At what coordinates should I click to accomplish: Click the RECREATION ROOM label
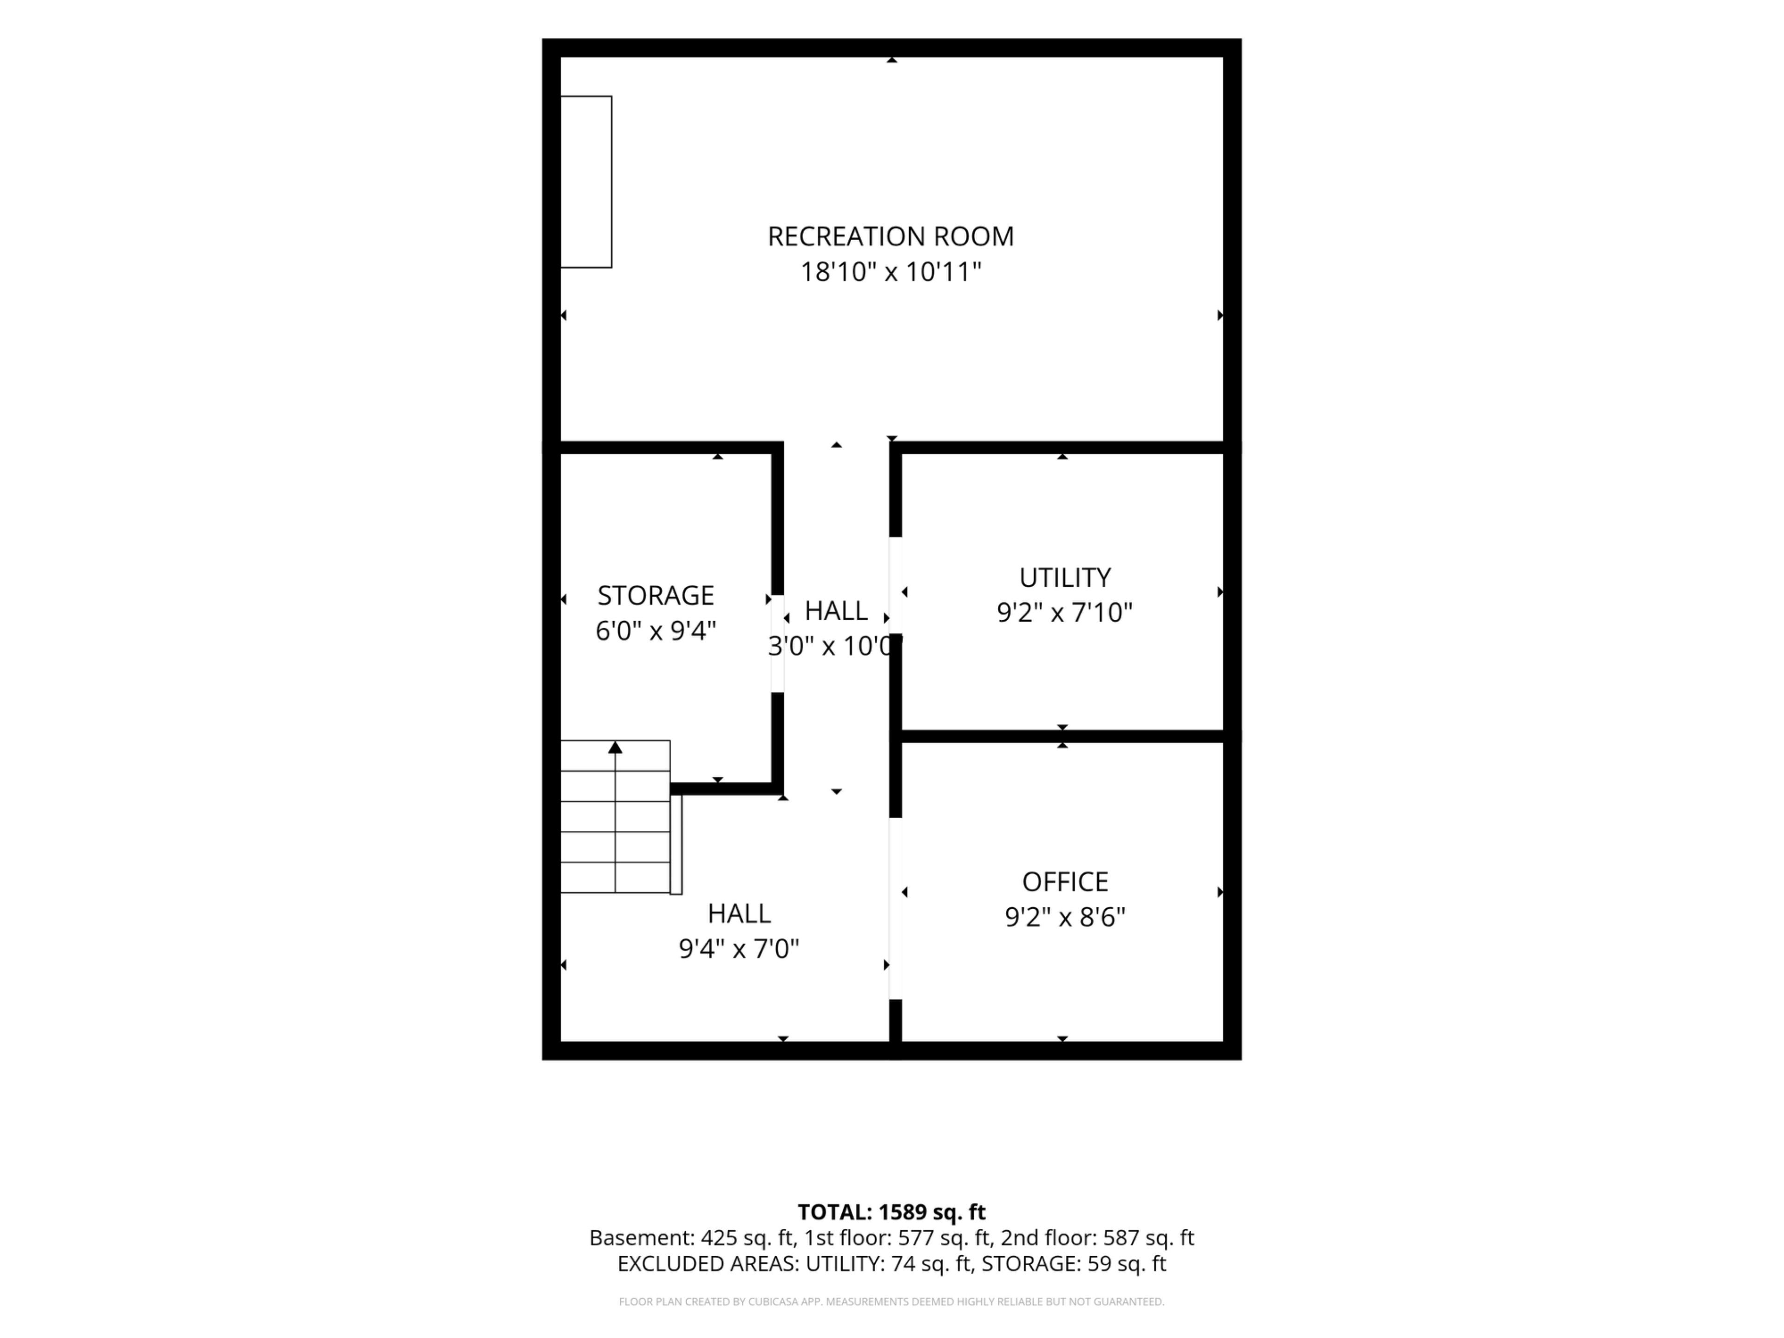click(891, 236)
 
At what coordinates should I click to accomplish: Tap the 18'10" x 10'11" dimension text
click(891, 272)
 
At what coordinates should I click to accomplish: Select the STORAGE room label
click(656, 595)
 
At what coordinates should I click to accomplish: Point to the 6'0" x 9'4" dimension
click(656, 631)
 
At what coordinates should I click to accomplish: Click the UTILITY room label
click(1065, 577)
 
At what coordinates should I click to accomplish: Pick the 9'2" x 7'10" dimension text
click(1065, 613)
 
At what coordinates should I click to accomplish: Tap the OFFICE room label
click(1065, 881)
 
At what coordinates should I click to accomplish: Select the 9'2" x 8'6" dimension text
click(1065, 917)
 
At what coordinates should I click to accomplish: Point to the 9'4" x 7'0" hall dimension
click(739, 949)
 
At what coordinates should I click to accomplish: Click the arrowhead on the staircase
click(616, 748)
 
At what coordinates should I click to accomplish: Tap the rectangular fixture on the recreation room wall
click(586, 182)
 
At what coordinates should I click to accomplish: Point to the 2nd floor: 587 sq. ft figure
click(1098, 1238)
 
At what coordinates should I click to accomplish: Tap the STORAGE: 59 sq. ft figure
click(1074, 1264)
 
